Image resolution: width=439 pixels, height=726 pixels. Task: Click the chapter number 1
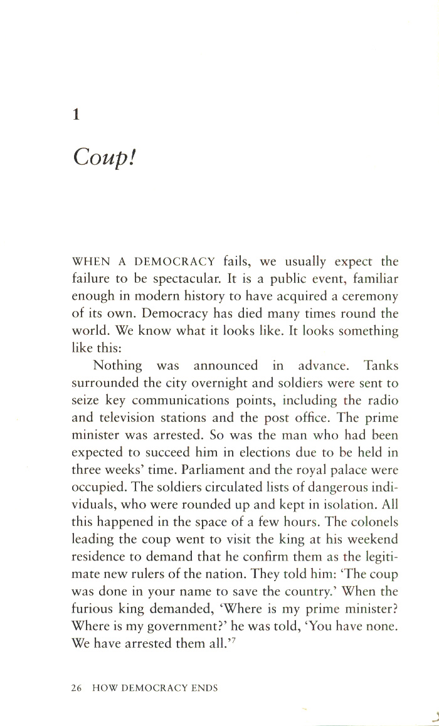[x=76, y=115]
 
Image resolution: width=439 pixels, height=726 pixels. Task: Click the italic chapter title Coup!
[x=105, y=157]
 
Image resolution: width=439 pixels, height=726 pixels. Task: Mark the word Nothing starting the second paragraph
[x=118, y=366]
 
